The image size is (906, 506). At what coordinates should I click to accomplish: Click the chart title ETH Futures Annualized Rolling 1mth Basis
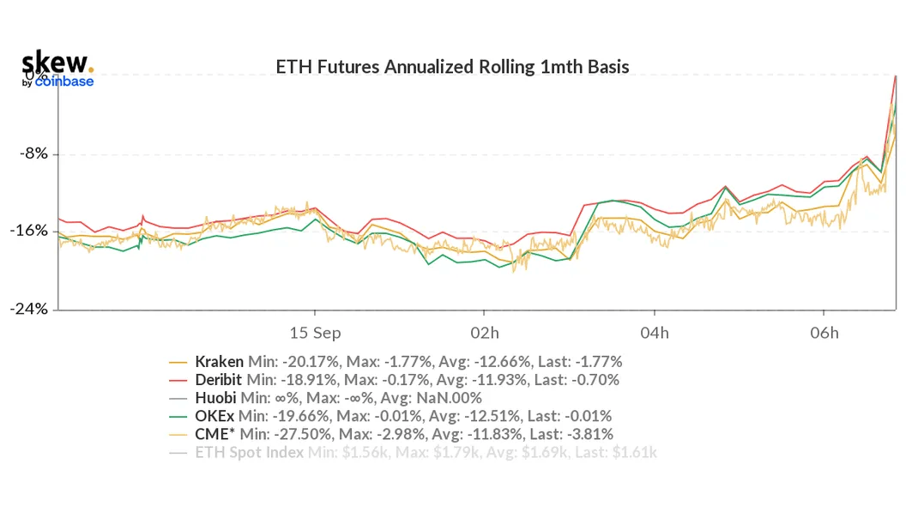coord(452,66)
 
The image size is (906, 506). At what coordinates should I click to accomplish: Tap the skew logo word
coord(55,63)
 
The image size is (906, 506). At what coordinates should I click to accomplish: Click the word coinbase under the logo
coord(64,81)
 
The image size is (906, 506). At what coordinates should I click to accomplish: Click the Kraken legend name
coord(219,361)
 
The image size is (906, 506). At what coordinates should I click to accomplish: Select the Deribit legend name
coord(219,379)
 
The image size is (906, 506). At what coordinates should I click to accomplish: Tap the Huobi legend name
coord(216,397)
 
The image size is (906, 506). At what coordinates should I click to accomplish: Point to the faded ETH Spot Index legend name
coord(249,452)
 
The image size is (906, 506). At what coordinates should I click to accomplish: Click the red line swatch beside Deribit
coord(179,380)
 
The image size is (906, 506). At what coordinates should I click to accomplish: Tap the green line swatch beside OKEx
coord(179,416)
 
